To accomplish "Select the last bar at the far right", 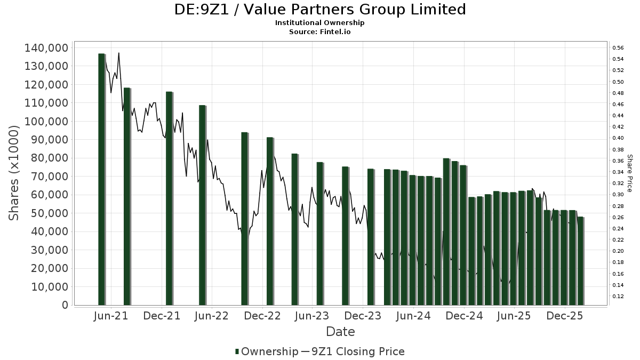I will click(x=580, y=261).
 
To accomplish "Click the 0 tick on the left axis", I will click(x=65, y=305).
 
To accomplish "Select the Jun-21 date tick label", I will click(x=111, y=316).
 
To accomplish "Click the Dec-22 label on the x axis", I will click(x=262, y=316).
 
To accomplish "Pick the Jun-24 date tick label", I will click(x=413, y=316).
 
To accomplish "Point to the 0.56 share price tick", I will click(x=618, y=48).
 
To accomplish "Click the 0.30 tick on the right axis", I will click(x=618, y=195).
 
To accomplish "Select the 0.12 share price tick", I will click(x=618, y=296).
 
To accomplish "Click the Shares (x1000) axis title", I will click(x=14, y=173).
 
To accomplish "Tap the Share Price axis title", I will click(x=629, y=173).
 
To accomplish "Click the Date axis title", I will click(x=340, y=332).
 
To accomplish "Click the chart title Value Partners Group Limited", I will click(x=320, y=10).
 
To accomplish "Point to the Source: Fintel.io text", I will click(x=320, y=31).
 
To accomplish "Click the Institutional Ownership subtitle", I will click(x=320, y=23).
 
